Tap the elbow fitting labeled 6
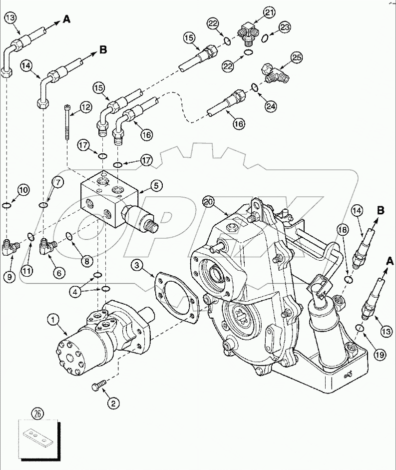click(x=47, y=246)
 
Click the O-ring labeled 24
click(x=255, y=88)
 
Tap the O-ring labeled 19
click(x=359, y=328)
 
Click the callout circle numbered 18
click(x=343, y=229)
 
